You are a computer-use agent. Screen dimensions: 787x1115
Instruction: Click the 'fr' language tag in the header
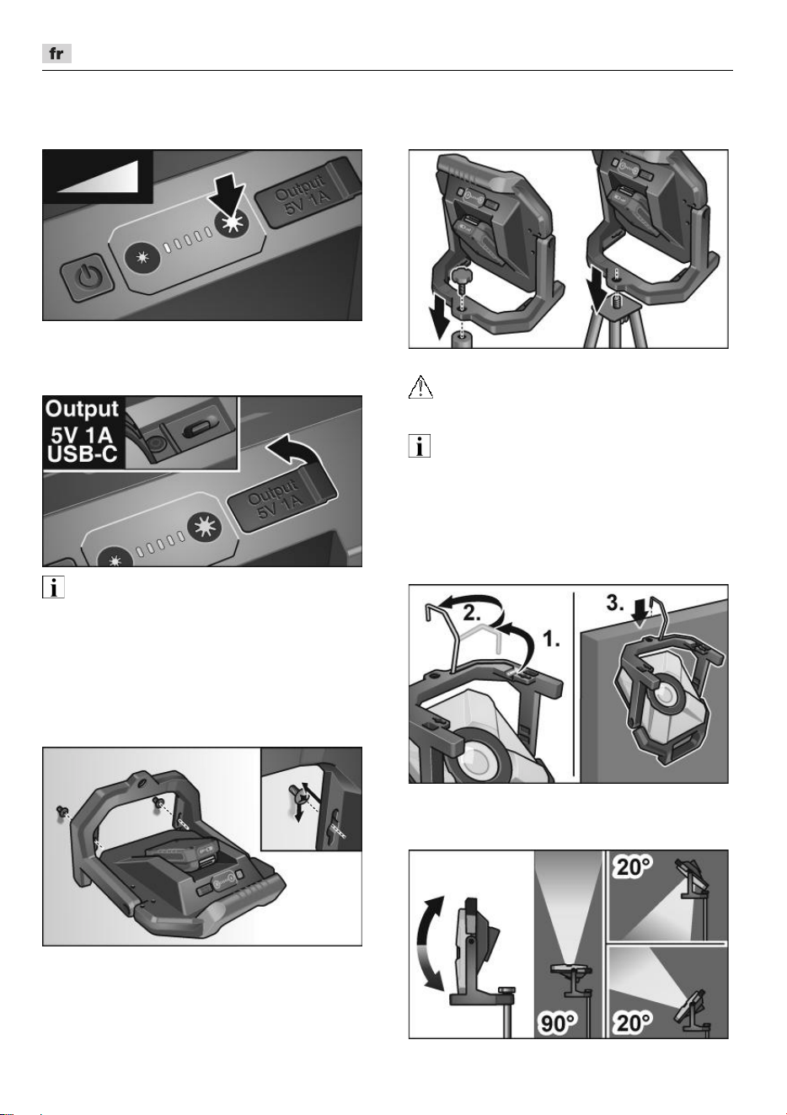coord(56,54)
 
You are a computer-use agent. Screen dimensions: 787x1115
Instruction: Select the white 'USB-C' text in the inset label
coord(82,454)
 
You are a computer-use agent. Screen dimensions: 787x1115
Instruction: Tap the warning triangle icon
coord(420,387)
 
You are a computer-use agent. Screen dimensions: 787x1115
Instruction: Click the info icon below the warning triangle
coord(420,446)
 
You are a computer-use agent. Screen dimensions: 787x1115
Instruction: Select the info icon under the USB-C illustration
coord(53,587)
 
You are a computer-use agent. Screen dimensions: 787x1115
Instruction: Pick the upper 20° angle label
coord(634,868)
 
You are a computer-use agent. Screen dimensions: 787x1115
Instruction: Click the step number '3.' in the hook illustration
coord(615,603)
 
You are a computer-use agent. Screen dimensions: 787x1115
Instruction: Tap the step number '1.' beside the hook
coord(551,639)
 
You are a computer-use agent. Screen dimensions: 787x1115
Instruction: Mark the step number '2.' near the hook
coord(473,614)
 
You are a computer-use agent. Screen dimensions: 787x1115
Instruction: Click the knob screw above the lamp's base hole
coord(463,281)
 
